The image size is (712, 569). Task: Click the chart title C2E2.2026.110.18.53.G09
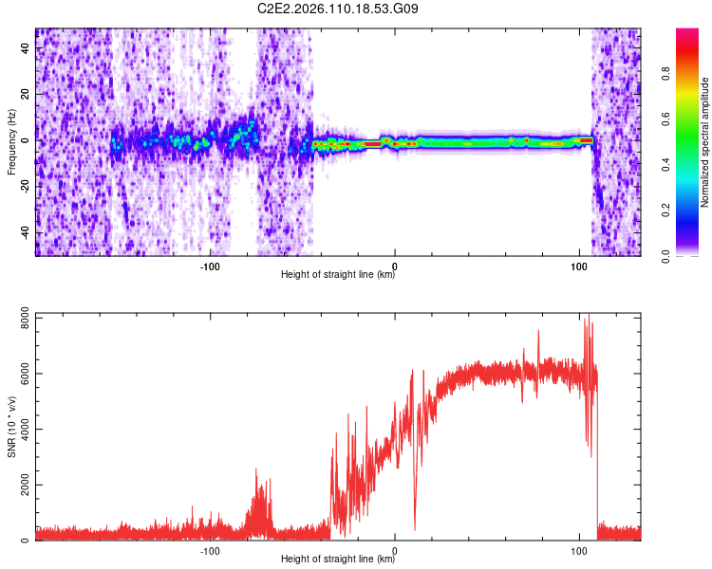click(339, 9)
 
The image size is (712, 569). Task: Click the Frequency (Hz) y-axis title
click(11, 142)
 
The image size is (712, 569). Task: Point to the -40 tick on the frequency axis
click(25, 232)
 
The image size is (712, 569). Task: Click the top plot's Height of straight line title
click(338, 275)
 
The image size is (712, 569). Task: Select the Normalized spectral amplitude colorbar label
click(705, 142)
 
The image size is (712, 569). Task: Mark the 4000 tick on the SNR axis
click(19, 431)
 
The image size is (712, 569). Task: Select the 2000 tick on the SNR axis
click(19, 486)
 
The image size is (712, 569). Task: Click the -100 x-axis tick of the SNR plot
click(210, 550)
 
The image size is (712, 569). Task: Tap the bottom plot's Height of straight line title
click(338, 560)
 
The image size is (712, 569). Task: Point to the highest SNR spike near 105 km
click(589, 315)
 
